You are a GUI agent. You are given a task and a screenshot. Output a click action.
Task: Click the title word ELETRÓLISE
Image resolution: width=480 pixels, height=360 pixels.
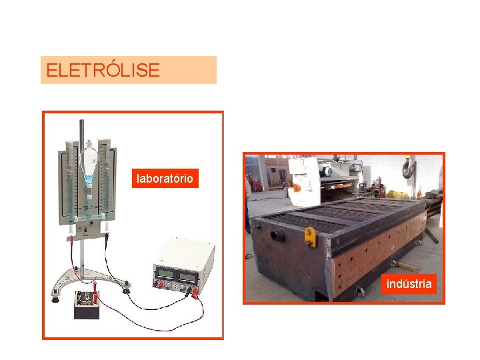click(x=103, y=70)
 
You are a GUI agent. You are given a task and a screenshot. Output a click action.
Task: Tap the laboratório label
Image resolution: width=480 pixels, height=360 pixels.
click(x=165, y=179)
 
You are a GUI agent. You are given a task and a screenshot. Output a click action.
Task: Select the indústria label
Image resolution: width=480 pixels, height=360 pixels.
click(x=409, y=284)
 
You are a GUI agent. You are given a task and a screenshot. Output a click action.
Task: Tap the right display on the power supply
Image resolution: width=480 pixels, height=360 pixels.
click(x=187, y=273)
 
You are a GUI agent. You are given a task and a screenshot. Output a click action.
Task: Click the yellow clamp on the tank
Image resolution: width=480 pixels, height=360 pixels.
click(x=309, y=236)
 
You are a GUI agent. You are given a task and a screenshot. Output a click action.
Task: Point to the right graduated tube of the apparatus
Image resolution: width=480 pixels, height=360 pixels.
click(x=103, y=180)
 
